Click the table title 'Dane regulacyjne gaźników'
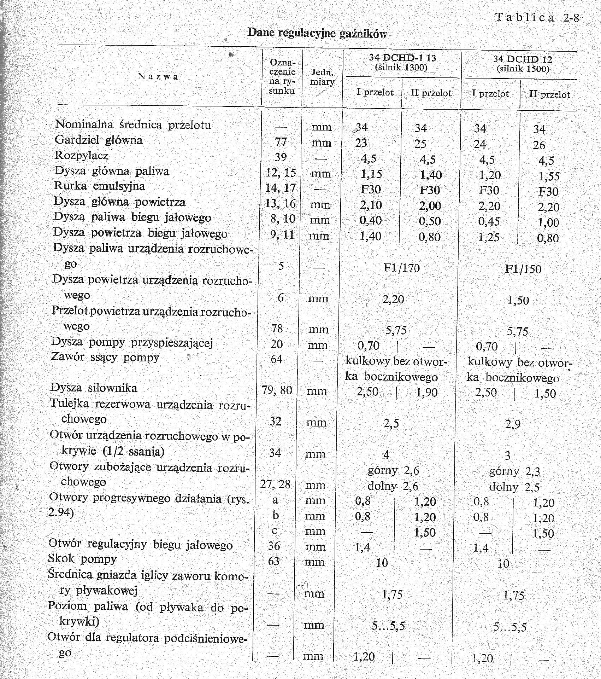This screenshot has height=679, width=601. [x=317, y=33]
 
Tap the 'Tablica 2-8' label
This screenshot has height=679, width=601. [x=537, y=17]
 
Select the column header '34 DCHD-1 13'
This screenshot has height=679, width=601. [x=402, y=58]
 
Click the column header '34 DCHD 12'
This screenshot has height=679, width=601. [x=523, y=59]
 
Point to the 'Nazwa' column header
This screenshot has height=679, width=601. [x=158, y=76]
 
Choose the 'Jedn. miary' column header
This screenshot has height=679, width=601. [x=322, y=77]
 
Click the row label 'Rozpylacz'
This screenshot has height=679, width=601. [x=81, y=156]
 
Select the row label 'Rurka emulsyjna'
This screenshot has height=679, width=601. [x=99, y=186]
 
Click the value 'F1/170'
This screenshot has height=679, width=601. [x=402, y=268]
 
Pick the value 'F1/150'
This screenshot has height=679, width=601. [x=523, y=269]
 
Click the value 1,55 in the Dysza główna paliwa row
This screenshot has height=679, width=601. [x=549, y=176]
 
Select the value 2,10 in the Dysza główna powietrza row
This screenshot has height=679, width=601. [x=371, y=205]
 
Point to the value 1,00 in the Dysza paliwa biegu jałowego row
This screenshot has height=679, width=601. [x=548, y=222]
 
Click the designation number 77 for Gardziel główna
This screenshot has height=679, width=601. [x=281, y=141]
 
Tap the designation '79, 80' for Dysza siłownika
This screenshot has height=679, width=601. [x=277, y=390]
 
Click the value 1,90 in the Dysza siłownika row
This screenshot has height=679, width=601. [x=427, y=392]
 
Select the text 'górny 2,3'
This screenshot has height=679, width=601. [x=514, y=471]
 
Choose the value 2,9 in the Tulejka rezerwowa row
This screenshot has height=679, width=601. [x=513, y=424]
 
